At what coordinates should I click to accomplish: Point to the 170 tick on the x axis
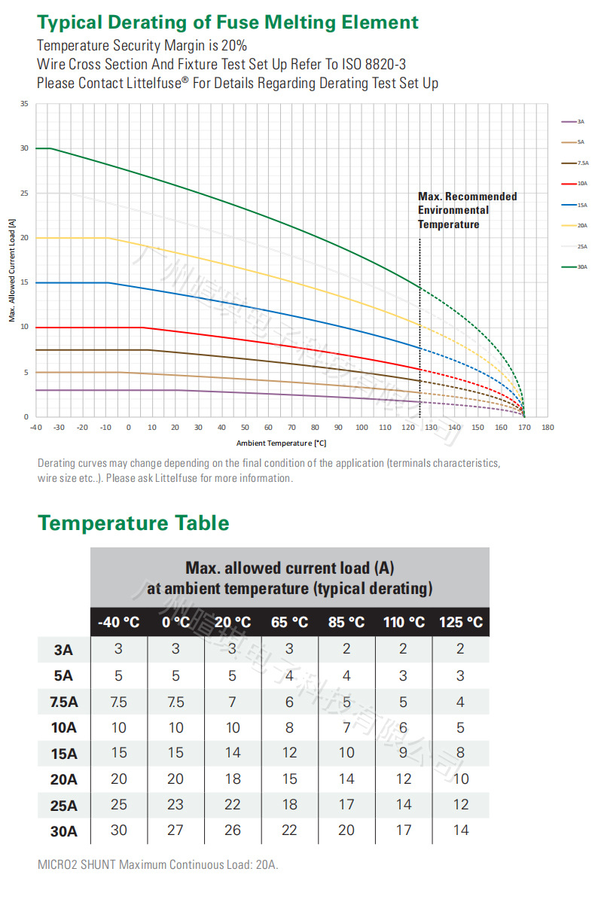point(524,428)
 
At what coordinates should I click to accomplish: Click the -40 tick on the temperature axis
point(35,428)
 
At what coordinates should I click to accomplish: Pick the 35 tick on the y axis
point(24,104)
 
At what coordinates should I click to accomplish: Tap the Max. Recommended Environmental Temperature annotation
point(467,210)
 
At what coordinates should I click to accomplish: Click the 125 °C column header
point(461,623)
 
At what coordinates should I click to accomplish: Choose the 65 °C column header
point(290,623)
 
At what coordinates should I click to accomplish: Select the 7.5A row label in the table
point(63,702)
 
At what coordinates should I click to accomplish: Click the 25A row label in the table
point(63,806)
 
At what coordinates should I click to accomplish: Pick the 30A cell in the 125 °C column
point(461,830)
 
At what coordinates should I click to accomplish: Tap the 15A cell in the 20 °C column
point(233,753)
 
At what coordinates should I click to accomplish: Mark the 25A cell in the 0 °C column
point(175,804)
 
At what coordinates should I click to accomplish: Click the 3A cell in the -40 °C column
point(118,649)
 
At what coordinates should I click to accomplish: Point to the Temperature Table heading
point(133,523)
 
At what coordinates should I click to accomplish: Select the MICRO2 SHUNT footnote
point(157,865)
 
